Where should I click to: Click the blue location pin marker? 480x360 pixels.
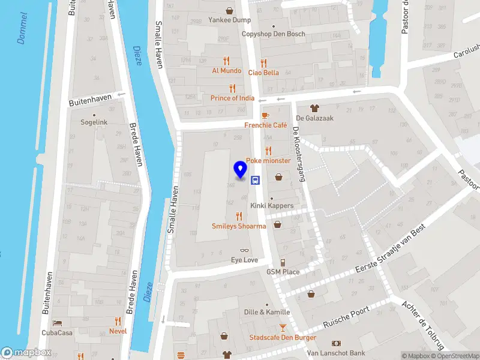[241, 170]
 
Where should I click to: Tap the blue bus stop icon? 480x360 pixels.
[255, 179]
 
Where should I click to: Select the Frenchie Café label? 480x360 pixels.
[266, 125]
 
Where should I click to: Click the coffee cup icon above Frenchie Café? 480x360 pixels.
[265, 115]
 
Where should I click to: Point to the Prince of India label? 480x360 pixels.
[232, 98]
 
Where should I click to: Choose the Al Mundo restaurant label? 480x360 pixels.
[227, 70]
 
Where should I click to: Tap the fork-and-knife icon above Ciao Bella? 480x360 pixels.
[263, 62]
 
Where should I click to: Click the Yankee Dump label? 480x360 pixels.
[229, 20]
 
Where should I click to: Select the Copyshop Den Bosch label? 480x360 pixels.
[273, 34]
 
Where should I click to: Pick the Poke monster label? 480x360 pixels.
[268, 161]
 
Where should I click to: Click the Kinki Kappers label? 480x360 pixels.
[272, 206]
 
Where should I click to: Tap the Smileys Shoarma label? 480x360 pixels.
[239, 226]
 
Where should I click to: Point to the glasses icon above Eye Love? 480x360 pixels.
[244, 251]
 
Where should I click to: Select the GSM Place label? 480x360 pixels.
[283, 272]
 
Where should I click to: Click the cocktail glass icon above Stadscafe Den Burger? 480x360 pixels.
[283, 328]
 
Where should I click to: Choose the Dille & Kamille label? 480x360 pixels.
[267, 312]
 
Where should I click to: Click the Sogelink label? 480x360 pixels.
[94, 122]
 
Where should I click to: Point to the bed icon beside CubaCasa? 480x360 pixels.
[57, 323]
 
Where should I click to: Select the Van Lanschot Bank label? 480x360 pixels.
[336, 353]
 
